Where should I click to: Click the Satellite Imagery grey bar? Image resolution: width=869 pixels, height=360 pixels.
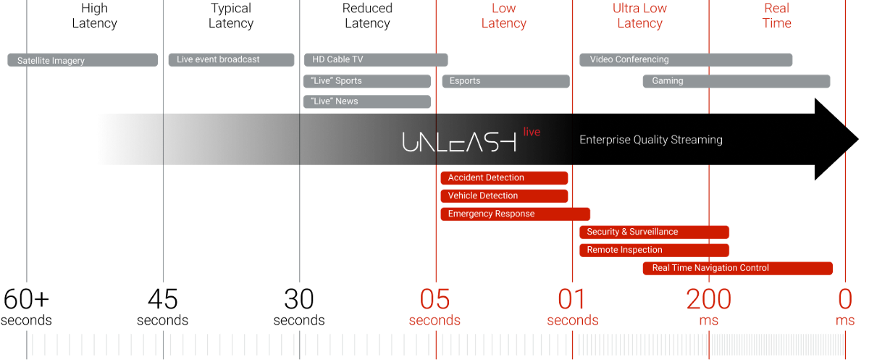(83, 60)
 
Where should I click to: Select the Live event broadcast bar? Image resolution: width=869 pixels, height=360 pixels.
(231, 59)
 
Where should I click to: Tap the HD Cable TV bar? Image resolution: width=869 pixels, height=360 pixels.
(376, 59)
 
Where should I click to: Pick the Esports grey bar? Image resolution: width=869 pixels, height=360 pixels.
(506, 81)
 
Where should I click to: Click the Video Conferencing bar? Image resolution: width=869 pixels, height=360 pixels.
(686, 59)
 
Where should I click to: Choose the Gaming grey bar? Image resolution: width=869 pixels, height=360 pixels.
(736, 81)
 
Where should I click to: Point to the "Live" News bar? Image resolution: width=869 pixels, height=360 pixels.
(367, 101)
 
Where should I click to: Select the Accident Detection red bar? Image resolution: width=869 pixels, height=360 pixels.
(504, 177)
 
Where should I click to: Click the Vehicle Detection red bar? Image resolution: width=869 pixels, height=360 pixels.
(504, 196)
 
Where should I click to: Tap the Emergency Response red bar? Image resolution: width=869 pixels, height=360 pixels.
(515, 214)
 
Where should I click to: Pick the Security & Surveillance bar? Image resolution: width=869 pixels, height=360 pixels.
(654, 232)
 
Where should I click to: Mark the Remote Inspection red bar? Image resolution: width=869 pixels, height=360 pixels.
(654, 250)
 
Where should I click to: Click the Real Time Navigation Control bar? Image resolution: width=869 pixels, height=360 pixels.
(737, 268)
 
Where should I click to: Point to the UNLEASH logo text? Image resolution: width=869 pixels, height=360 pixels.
(459, 141)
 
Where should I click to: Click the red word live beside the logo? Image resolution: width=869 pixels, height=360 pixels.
(532, 132)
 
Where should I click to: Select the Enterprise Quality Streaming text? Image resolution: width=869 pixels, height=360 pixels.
(651, 140)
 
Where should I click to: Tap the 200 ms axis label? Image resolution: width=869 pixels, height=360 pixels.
(709, 307)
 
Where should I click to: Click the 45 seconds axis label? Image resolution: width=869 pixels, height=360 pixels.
(162, 307)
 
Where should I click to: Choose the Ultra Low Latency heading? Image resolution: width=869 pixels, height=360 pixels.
(639, 15)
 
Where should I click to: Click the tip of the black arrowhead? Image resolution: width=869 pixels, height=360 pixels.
(858, 139)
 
